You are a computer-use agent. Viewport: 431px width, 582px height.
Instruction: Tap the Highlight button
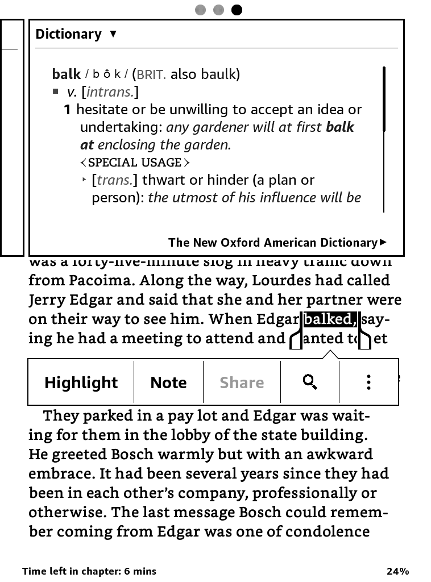pos(81,383)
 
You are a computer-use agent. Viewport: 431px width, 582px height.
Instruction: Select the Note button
pos(168,383)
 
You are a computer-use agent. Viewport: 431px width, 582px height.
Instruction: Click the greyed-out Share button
pos(242,383)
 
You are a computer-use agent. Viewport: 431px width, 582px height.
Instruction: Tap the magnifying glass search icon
pos(310,382)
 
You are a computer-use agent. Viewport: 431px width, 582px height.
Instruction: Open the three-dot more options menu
pos(368,382)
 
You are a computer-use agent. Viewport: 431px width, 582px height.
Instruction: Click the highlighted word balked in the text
pos(329,319)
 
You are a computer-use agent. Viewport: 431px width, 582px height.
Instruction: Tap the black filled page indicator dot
pos(237,10)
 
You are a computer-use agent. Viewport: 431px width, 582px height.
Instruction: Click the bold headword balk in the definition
pos(66,74)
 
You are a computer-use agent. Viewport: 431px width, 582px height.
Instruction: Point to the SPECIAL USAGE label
pos(135,163)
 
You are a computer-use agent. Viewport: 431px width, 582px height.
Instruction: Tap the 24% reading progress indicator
pos(397,571)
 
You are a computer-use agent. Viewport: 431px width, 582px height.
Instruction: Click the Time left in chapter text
pos(89,571)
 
